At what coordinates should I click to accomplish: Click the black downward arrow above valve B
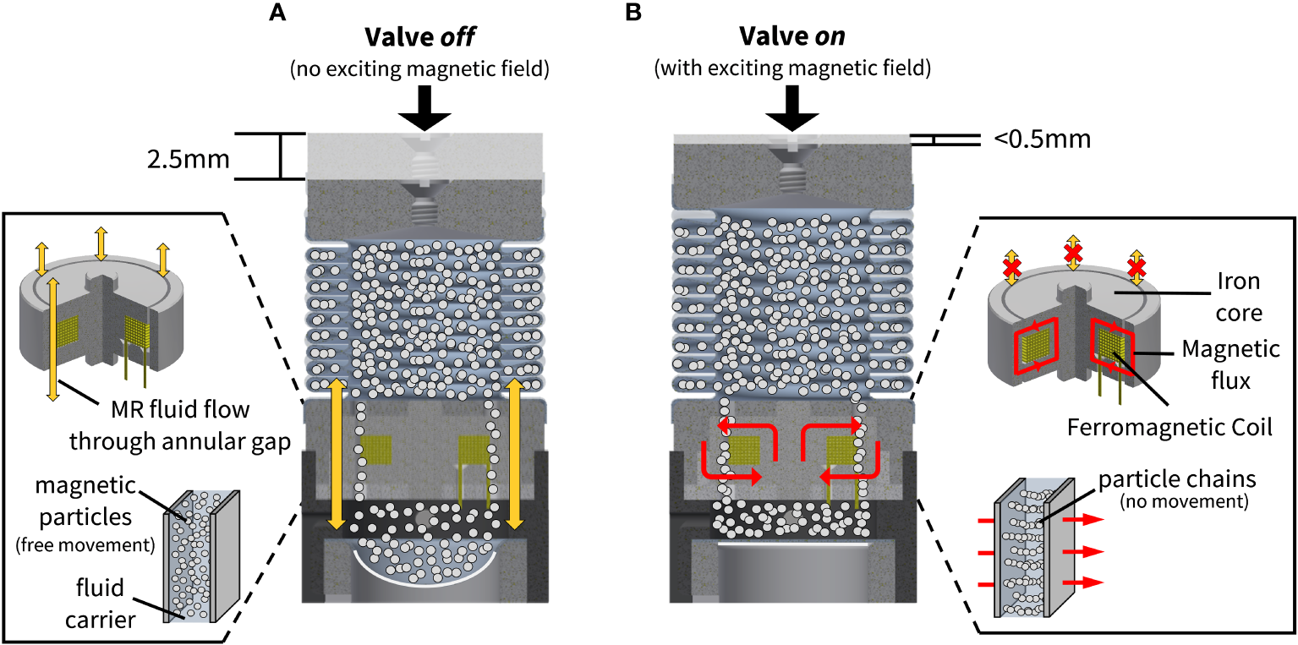point(791,107)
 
